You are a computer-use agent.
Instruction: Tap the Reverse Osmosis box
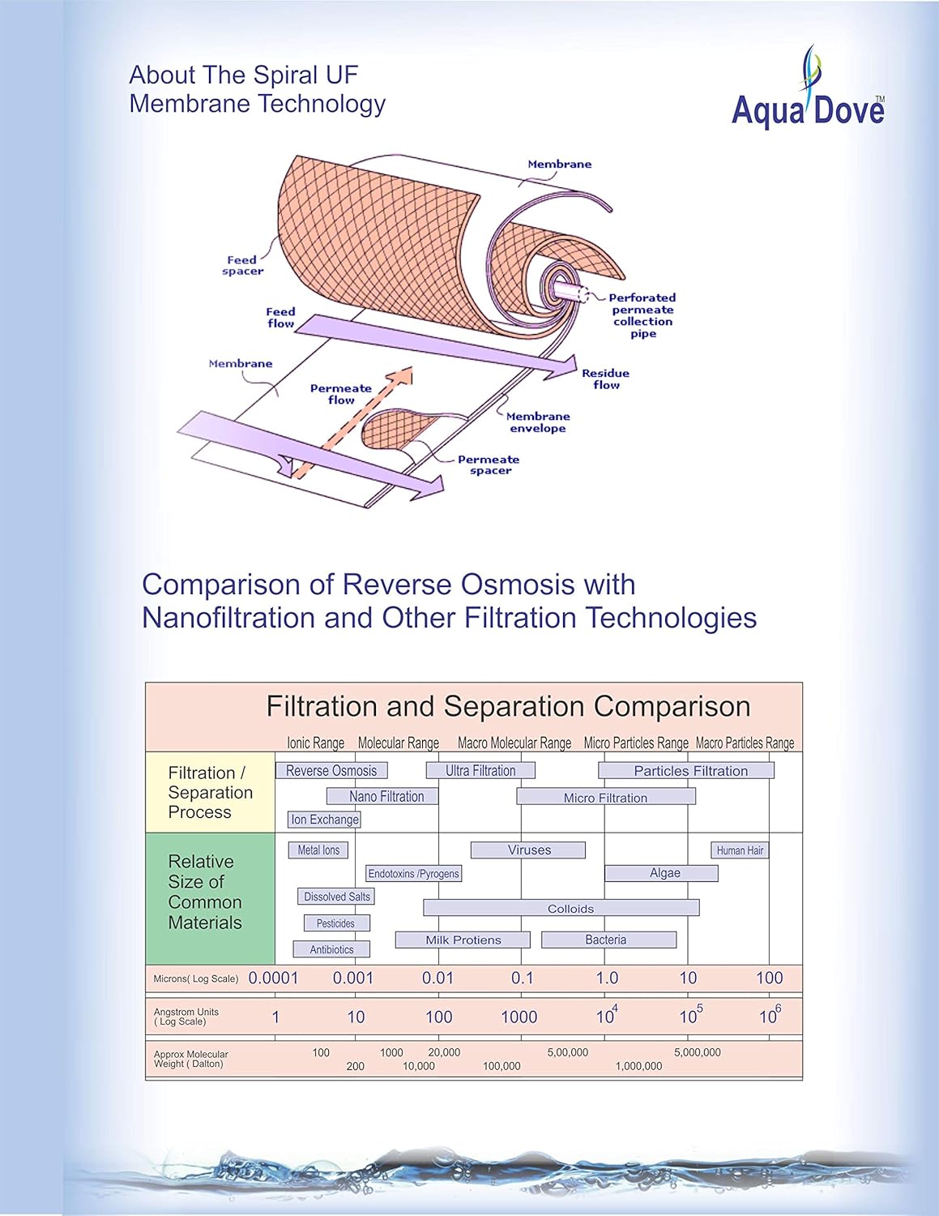click(x=331, y=771)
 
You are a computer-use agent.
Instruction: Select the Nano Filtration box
click(x=382, y=797)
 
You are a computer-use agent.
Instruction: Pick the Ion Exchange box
click(x=324, y=820)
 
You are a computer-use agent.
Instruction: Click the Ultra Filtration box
click(x=480, y=771)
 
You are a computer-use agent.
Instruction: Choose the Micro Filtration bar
click(x=606, y=798)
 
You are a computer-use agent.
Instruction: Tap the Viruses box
click(x=528, y=850)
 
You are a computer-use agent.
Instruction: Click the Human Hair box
click(x=740, y=850)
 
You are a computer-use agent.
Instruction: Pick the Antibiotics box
click(x=331, y=949)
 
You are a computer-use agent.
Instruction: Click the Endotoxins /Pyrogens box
click(x=413, y=874)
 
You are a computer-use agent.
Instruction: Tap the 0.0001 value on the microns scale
click(x=273, y=978)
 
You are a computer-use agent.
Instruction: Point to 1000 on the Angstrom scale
click(x=519, y=1017)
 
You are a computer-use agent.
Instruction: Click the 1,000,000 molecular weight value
click(x=638, y=1066)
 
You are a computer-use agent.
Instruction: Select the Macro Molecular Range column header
click(x=514, y=743)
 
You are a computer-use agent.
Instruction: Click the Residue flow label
click(x=605, y=379)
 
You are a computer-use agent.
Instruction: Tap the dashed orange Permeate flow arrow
click(x=353, y=422)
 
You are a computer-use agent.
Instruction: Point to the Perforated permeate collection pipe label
click(x=642, y=315)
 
